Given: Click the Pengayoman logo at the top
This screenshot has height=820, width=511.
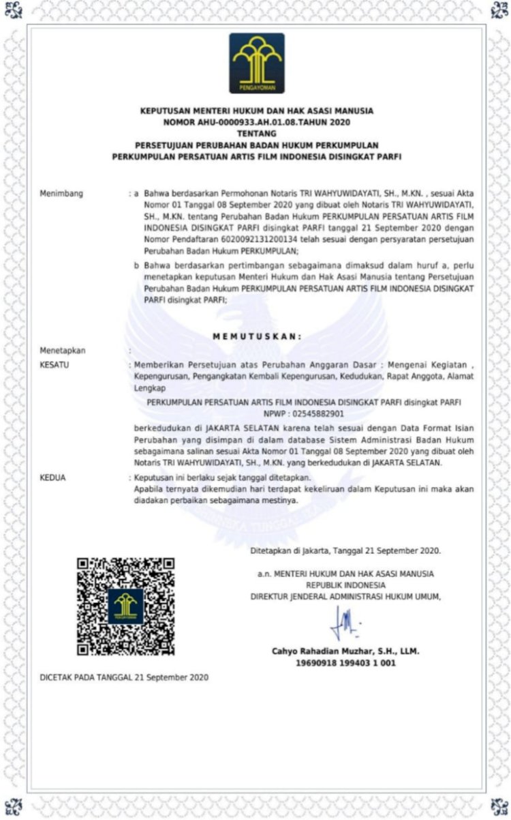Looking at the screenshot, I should click(257, 63).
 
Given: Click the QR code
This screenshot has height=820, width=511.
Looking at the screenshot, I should click(125, 606).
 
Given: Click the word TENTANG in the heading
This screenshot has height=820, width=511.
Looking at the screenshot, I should click(256, 134).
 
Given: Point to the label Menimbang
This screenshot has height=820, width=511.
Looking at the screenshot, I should click(61, 194).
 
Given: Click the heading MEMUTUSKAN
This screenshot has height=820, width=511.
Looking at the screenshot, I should click(256, 336).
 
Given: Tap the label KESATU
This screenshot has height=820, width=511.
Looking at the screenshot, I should click(56, 364).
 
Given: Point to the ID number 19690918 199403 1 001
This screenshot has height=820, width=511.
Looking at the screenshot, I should click(345, 662).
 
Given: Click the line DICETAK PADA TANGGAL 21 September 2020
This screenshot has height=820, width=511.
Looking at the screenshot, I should click(123, 677).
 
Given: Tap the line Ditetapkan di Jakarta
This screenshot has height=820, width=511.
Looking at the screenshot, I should click(345, 550).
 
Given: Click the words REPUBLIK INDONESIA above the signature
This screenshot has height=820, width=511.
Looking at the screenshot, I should click(345, 585).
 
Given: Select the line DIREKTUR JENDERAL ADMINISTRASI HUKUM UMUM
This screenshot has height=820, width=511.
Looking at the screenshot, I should click(345, 596).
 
